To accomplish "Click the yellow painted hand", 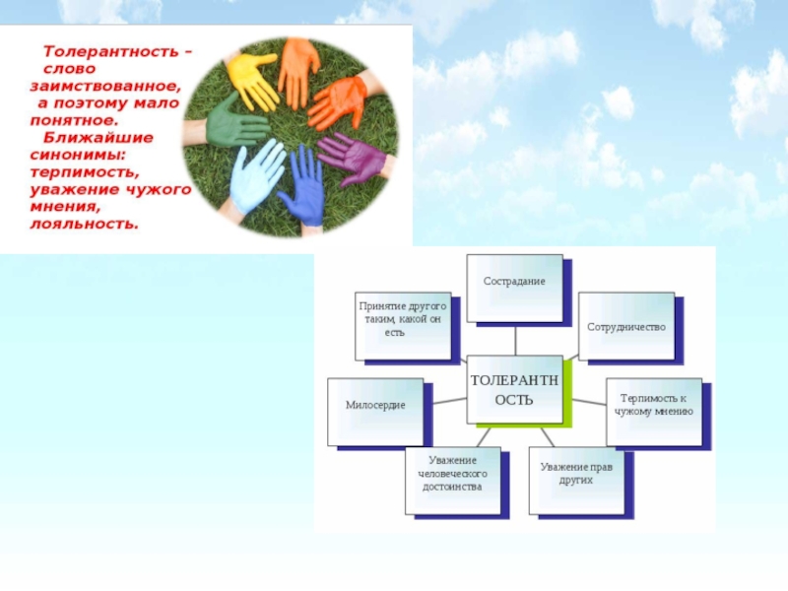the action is (x=251, y=82).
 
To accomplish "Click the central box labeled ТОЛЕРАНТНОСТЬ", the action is (x=514, y=389).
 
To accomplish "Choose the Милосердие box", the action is (x=374, y=406).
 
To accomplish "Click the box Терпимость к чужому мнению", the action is (x=655, y=406).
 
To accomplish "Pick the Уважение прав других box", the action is (x=576, y=477).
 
